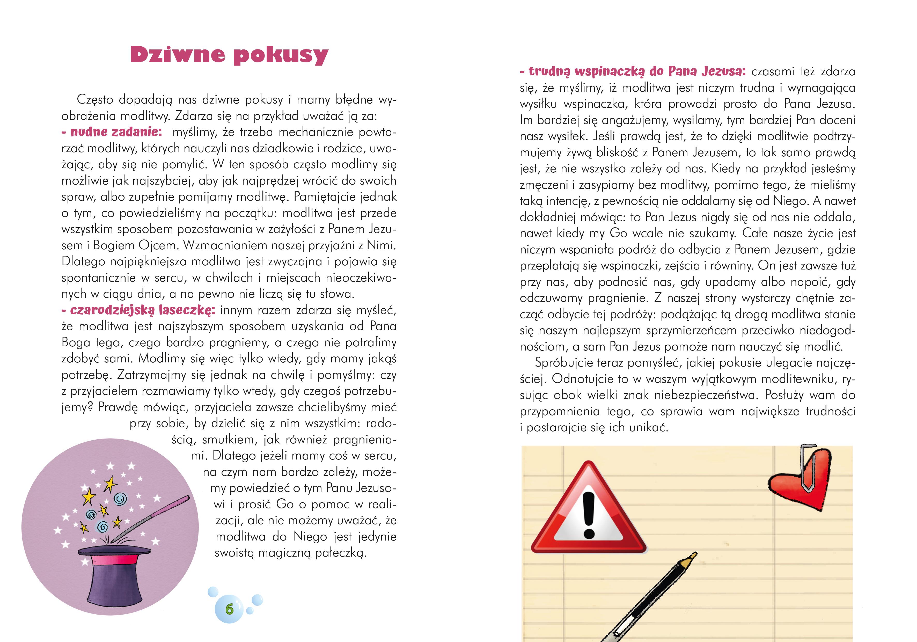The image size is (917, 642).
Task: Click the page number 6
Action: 229,609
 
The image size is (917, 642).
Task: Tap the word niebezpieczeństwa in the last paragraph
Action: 707,395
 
